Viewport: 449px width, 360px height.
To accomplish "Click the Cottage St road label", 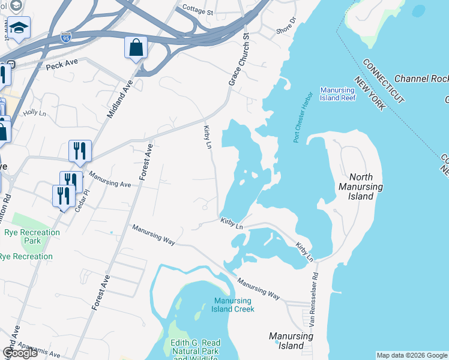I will point(197,11).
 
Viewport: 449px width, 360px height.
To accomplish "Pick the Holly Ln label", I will point(34,112).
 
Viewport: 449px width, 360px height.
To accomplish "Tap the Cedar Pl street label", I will point(82,196).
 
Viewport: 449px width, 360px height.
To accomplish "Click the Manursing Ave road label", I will point(110,176).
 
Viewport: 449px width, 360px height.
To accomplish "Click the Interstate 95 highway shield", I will point(66,38).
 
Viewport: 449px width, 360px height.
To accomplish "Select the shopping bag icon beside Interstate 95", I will point(136,47).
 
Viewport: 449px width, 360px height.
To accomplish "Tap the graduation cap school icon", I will point(19,28).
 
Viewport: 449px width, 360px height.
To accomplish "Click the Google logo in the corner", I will point(20,353).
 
